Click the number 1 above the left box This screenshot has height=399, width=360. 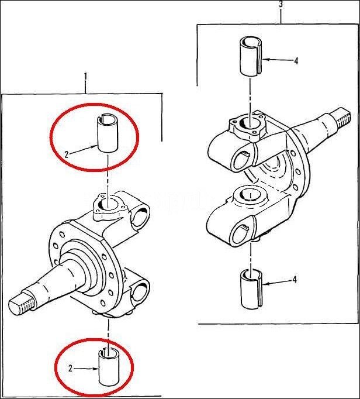click(85, 76)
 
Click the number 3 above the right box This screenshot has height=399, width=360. click(281, 5)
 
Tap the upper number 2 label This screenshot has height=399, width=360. click(67, 154)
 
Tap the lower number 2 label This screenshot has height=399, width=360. click(70, 369)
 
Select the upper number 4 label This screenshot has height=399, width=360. click(296, 61)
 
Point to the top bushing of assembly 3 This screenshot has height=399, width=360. click(250, 56)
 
